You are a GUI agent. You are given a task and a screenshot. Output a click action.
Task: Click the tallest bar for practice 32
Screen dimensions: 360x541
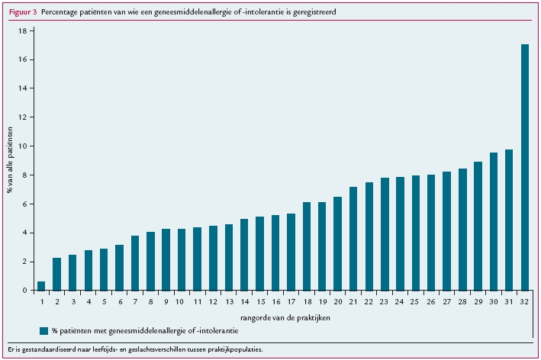(x=524, y=168)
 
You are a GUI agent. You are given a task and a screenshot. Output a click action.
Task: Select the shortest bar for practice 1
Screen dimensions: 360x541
(x=41, y=286)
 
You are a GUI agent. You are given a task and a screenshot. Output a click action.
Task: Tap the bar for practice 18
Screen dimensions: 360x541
(x=306, y=246)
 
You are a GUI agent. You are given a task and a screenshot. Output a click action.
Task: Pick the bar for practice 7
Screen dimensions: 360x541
(x=135, y=263)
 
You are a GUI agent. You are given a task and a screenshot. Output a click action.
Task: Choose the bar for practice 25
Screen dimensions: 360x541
(x=415, y=233)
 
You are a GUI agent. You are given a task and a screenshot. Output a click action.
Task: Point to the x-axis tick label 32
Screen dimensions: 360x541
(x=524, y=302)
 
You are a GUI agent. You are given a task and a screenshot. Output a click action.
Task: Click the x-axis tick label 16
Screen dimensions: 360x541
(x=275, y=302)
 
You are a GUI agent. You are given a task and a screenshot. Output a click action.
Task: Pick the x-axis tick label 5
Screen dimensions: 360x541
(x=104, y=302)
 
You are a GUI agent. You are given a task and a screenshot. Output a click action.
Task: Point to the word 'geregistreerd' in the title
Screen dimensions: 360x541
(x=311, y=13)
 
